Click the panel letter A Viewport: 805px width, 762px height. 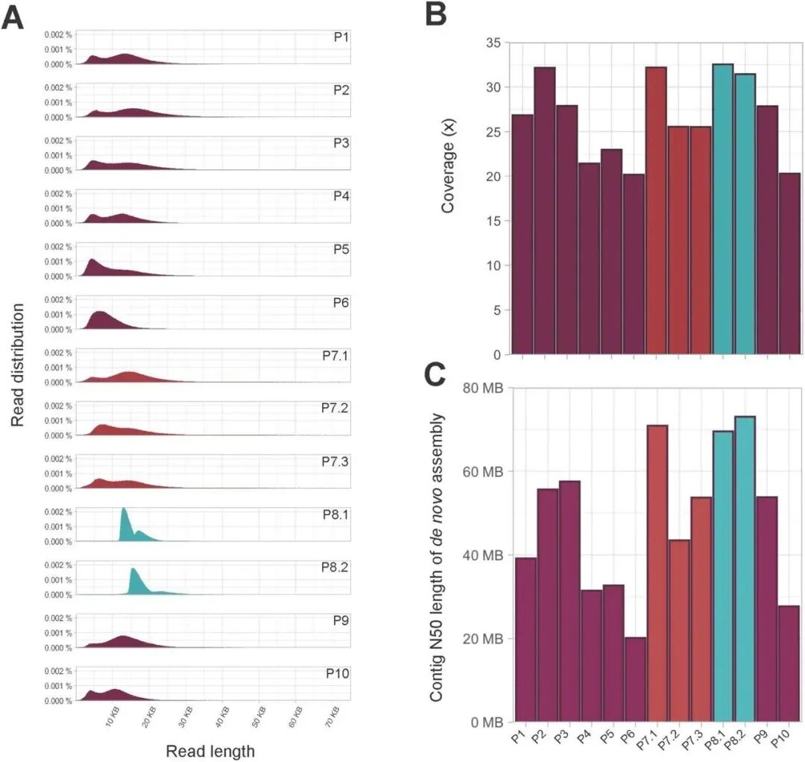[x=13, y=17]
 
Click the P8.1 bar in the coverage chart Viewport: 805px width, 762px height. [x=723, y=209]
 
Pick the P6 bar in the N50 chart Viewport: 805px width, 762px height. [x=635, y=679]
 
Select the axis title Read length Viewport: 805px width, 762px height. [x=210, y=752]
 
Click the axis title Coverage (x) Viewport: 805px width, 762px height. [x=448, y=176]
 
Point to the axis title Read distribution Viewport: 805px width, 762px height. [x=19, y=365]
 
